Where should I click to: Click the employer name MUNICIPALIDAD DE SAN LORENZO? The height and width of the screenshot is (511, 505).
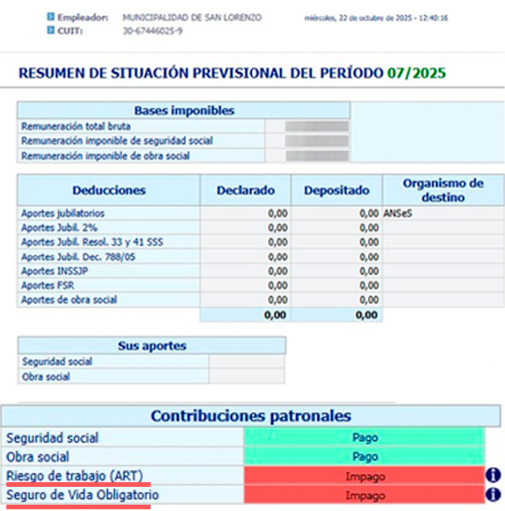192,18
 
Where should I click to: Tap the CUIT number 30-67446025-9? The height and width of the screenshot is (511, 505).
152,31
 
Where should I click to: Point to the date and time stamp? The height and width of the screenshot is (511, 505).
376,18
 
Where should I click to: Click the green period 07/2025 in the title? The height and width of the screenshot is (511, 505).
416,73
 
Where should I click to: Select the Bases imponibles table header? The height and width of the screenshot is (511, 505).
184,110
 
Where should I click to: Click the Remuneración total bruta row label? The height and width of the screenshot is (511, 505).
76,126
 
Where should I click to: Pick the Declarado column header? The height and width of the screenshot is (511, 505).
246,190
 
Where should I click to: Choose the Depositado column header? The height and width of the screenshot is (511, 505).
337,190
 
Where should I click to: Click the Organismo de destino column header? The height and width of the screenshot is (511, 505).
443,190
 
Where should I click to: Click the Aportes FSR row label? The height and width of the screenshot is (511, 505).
44,286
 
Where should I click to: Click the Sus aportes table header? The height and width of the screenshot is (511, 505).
152,346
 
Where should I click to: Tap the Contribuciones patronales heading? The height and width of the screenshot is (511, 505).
251,416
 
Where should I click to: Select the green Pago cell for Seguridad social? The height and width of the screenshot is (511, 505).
364,438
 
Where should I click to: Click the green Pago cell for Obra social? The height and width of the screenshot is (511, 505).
364,457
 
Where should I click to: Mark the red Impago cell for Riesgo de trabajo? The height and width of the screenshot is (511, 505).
364,476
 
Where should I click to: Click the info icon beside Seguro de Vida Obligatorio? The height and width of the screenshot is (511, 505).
493,495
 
